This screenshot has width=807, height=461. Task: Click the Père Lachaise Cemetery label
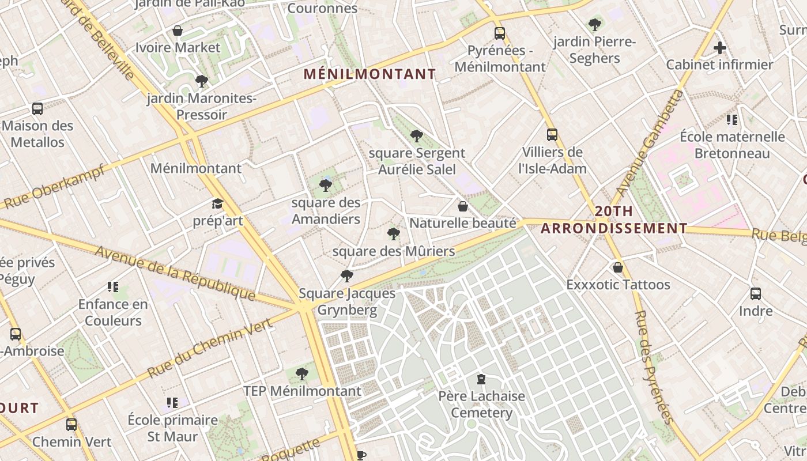(481, 405)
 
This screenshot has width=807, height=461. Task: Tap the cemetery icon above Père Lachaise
(481, 379)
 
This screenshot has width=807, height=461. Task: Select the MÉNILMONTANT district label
(369, 74)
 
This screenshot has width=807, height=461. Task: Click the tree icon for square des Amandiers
(326, 185)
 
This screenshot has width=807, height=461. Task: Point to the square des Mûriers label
(394, 251)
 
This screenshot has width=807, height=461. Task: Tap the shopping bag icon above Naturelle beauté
(462, 206)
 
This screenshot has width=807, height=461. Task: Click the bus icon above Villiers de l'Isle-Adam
(552, 135)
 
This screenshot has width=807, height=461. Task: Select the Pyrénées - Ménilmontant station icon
(499, 33)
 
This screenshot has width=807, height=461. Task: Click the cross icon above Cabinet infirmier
(719, 48)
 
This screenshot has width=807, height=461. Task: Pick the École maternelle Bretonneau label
(732, 145)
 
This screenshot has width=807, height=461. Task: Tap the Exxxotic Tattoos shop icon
(618, 267)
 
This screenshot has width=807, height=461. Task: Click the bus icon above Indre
(755, 294)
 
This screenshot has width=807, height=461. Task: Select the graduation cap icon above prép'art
(217, 204)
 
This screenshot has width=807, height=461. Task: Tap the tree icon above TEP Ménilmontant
(301, 374)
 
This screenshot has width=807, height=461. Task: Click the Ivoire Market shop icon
(178, 31)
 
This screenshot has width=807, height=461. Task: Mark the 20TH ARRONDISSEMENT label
(614, 220)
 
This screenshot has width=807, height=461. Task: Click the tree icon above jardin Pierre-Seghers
(594, 25)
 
